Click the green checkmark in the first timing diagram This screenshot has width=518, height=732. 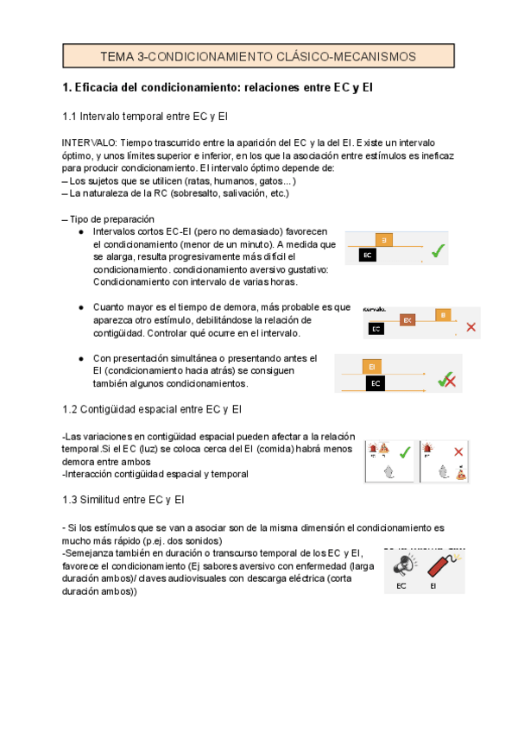438,250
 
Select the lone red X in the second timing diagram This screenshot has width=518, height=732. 471,327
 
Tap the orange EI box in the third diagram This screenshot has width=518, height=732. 371,366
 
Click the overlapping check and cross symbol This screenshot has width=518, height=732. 446,380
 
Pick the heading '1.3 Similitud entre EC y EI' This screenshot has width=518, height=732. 136,500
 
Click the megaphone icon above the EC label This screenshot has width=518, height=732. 402,565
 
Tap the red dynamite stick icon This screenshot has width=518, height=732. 439,565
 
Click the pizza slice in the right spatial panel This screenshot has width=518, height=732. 462,472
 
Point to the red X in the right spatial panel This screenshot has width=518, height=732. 458,451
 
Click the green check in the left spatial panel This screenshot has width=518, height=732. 403,451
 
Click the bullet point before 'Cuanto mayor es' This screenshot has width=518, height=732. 80,306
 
